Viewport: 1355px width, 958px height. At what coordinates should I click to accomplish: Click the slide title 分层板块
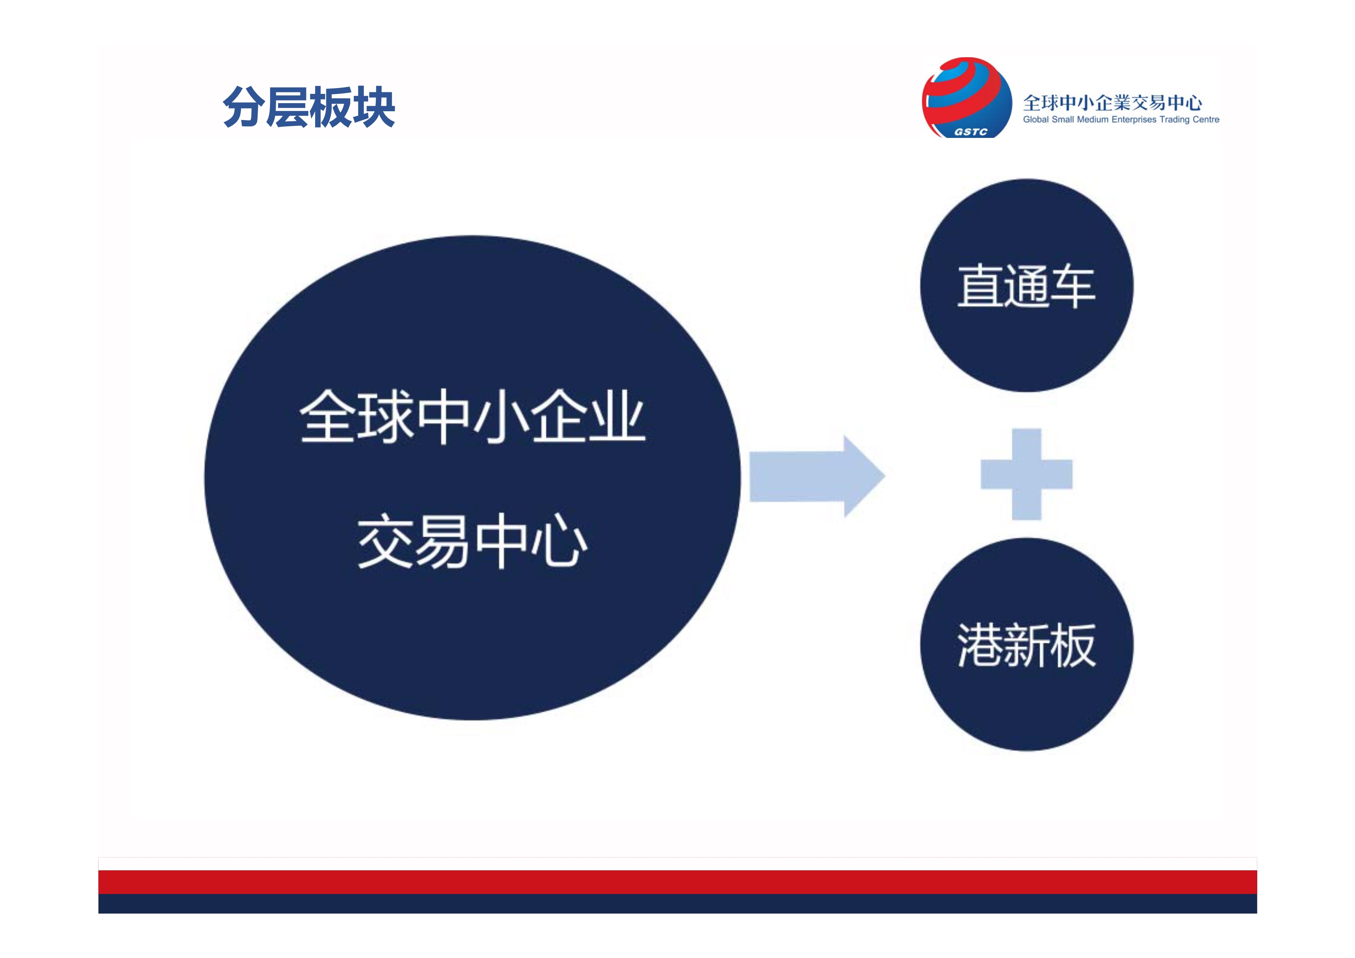tap(309, 107)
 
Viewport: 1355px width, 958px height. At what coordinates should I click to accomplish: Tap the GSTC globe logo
tap(967, 98)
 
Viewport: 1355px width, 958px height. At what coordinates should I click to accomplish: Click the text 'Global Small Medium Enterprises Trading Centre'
tap(1121, 120)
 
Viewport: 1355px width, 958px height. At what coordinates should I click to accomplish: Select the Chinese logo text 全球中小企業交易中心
tap(1112, 103)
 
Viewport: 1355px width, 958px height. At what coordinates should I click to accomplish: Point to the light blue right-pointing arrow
tap(817, 476)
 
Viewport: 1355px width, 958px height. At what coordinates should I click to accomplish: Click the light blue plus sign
tap(1026, 474)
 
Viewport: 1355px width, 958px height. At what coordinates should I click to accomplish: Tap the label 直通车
tap(1026, 286)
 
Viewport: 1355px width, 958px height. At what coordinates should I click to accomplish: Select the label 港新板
tap(1026, 645)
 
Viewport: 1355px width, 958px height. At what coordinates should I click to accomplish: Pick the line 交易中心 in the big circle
tap(472, 541)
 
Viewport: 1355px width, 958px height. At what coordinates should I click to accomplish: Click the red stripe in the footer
tap(677, 882)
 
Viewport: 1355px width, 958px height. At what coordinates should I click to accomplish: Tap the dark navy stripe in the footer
tap(677, 904)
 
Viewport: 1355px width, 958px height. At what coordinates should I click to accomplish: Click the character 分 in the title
tap(244, 107)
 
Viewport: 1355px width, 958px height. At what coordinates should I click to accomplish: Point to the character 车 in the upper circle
tap(1073, 286)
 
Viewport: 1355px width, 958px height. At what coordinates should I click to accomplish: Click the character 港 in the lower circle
tap(980, 645)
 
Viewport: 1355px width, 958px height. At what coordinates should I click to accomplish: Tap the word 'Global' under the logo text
tap(1036, 120)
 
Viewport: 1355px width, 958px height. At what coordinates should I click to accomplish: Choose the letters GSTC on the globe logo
tap(971, 132)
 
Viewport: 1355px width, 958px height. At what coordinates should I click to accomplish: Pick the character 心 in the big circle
tap(559, 541)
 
